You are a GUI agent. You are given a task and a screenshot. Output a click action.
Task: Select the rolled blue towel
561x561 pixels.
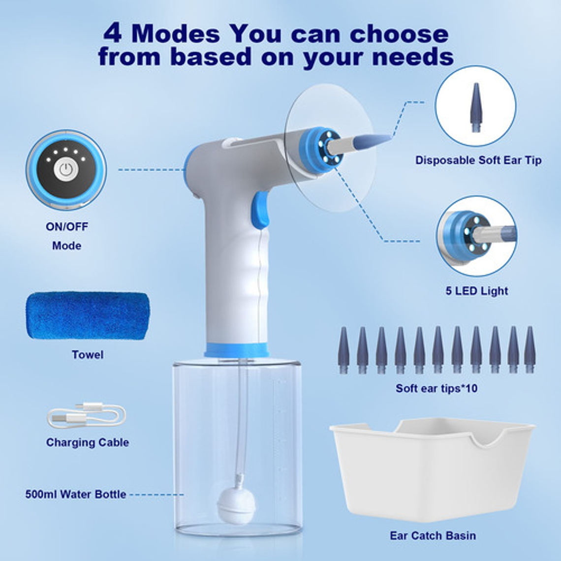88,315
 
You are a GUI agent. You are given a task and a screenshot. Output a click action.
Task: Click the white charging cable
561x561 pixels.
87,416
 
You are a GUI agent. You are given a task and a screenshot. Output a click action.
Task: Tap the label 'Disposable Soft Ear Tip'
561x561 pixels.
478,160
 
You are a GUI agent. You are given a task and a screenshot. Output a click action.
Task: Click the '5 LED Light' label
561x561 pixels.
476,291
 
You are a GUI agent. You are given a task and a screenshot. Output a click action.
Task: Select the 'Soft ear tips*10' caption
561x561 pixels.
436,388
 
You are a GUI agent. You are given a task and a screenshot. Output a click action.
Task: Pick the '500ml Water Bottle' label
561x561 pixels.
76,494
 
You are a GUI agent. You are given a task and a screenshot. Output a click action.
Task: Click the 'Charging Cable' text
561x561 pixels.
88,442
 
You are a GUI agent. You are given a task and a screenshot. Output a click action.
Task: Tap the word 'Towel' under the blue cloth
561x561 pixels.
88,354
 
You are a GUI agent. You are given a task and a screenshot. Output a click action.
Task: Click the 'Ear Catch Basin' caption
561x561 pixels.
433,535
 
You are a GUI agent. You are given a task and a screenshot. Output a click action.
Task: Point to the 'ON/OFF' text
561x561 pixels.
67,227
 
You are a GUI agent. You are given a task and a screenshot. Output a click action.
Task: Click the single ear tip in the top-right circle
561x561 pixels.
475,108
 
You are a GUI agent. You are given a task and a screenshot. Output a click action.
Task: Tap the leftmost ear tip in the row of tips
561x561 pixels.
343,350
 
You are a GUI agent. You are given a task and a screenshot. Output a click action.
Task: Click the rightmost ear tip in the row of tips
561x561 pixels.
530,350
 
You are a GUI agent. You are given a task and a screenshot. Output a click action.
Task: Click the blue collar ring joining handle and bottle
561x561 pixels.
237,350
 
